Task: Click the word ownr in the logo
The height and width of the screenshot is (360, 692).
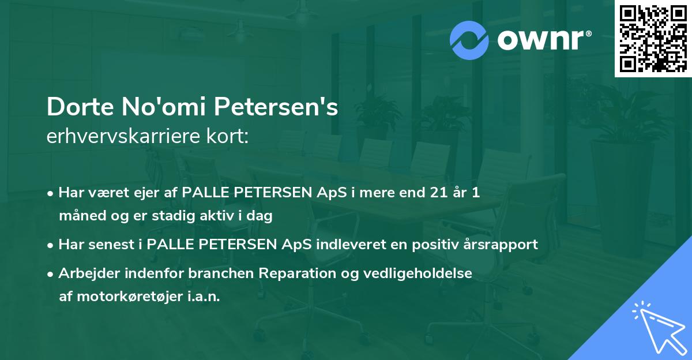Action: click(542, 40)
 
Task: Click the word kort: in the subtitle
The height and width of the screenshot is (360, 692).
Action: click(229, 137)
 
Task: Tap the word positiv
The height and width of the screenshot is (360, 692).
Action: click(427, 245)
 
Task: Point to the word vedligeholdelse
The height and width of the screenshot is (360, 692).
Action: click(429, 273)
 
